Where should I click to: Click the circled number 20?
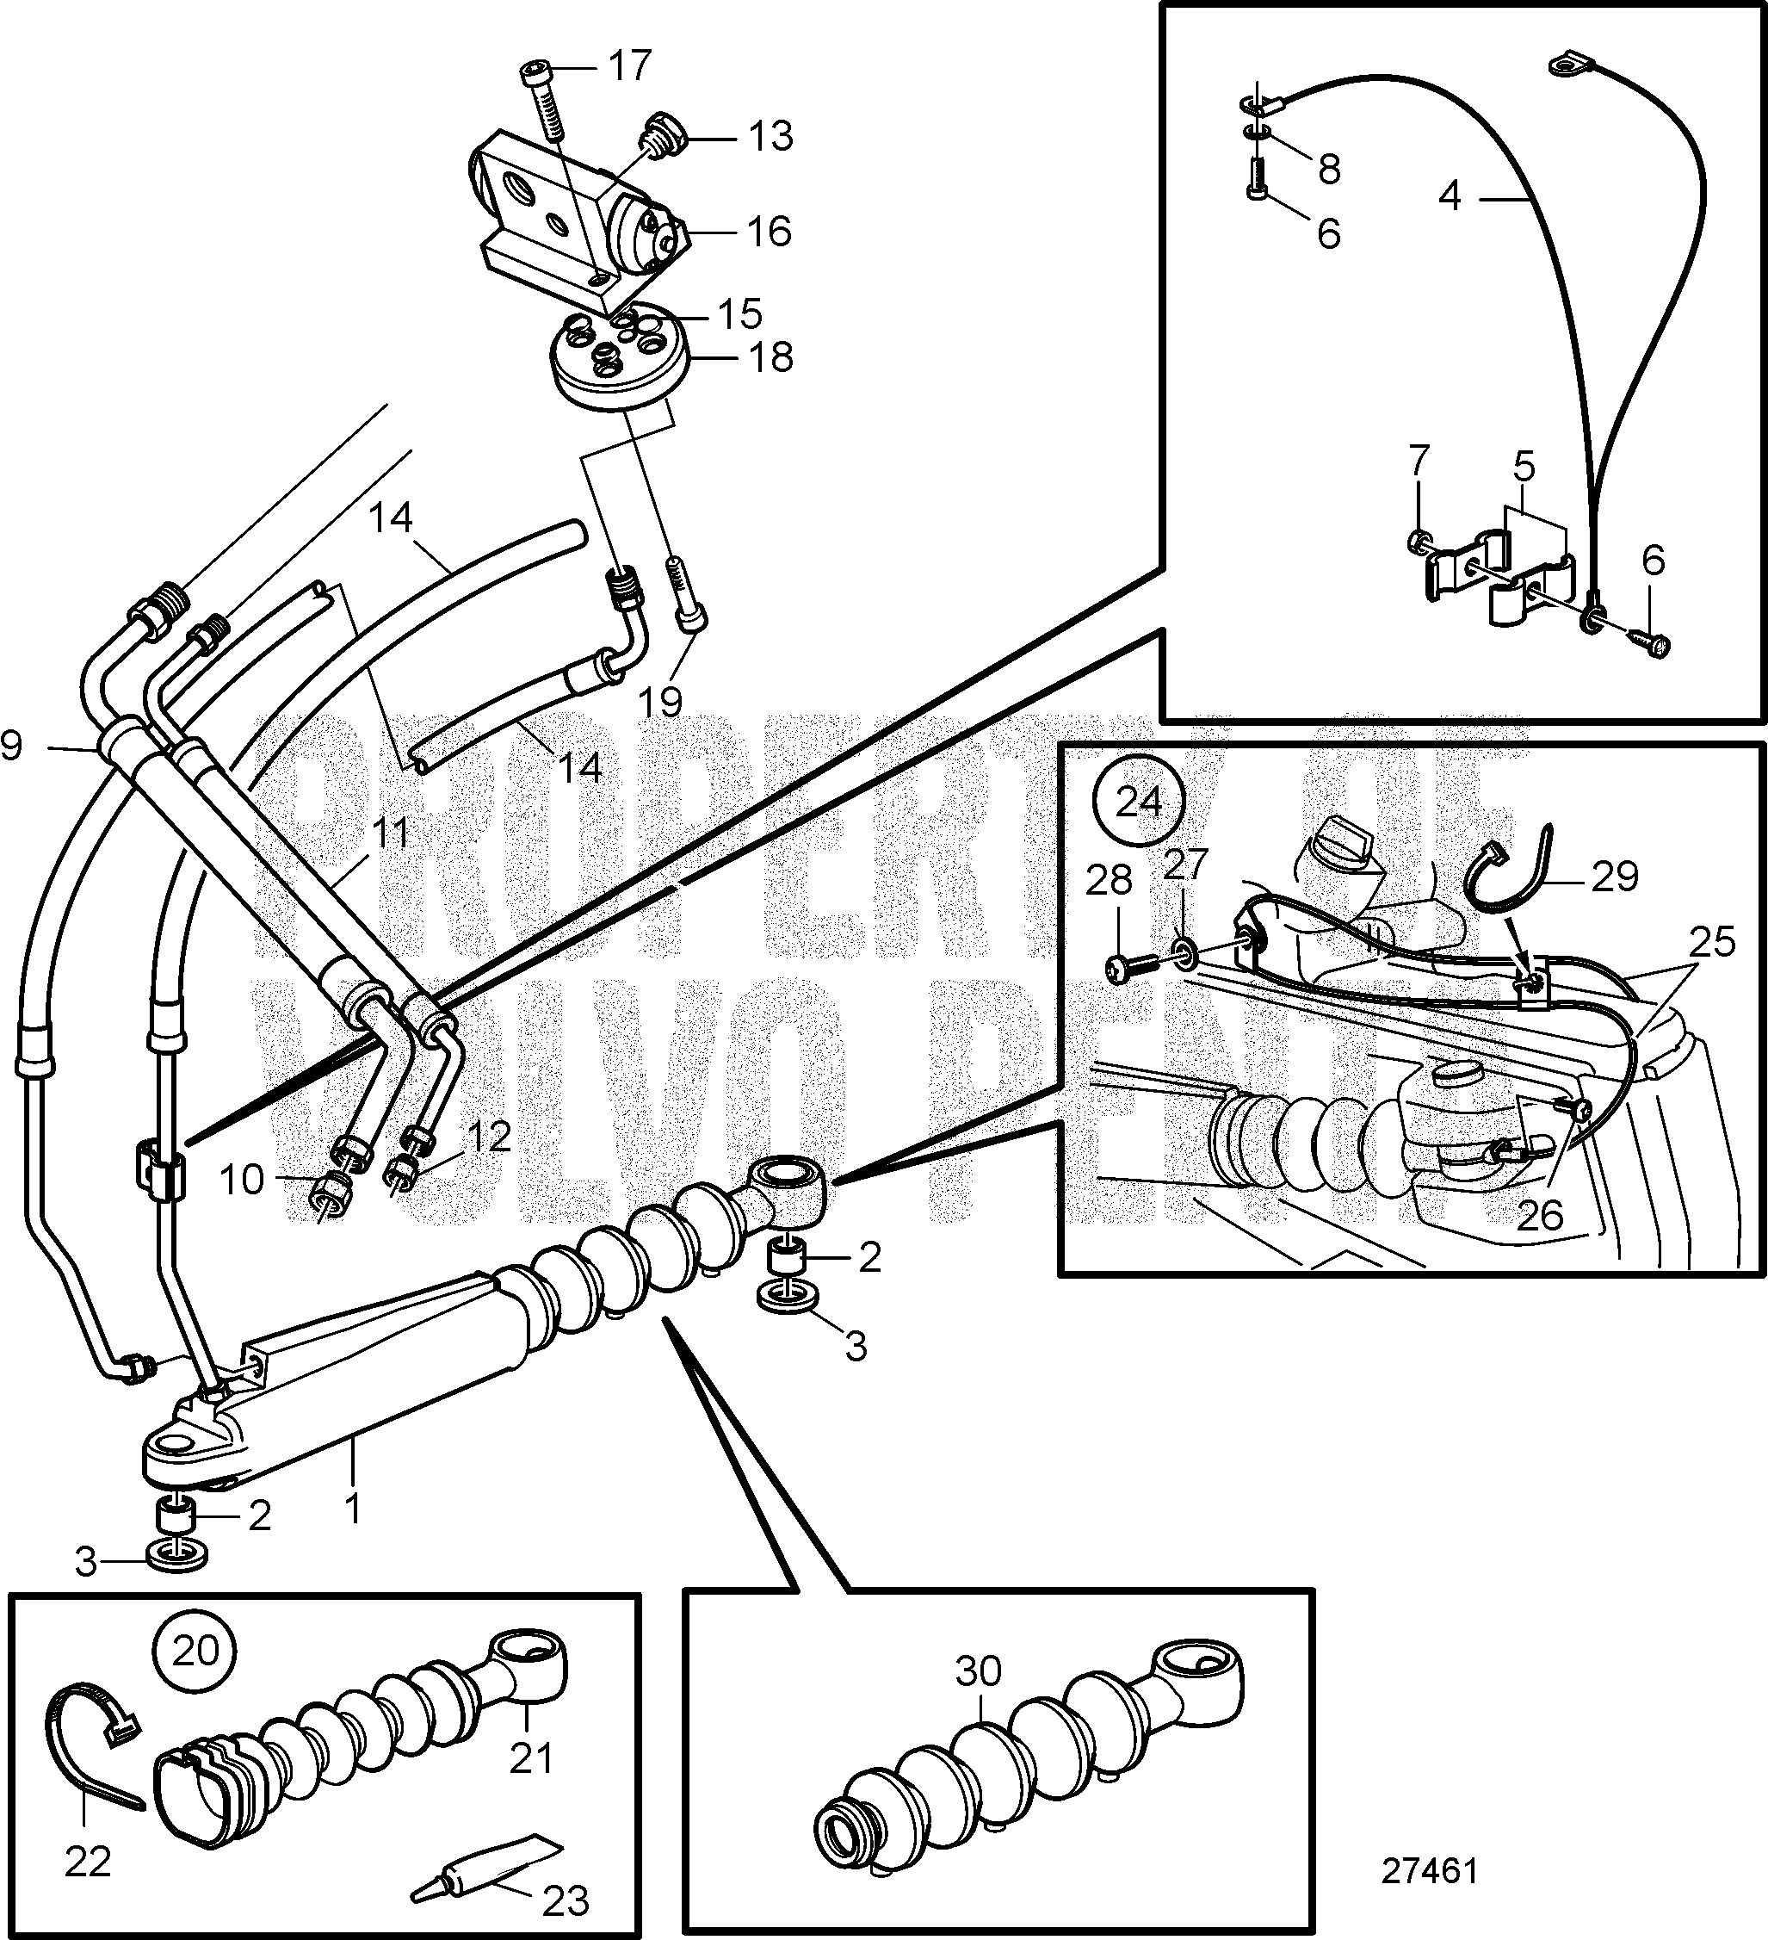[196, 1652]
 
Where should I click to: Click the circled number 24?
[1138, 801]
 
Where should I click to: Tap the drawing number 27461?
[1429, 1871]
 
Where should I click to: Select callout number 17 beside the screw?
[629, 65]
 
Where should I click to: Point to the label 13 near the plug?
[770, 137]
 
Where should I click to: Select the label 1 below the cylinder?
[353, 1509]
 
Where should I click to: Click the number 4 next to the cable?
[1450, 197]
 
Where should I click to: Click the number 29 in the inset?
[1614, 876]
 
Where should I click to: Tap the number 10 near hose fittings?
[241, 1179]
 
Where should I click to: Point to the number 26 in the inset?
[1539, 1215]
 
